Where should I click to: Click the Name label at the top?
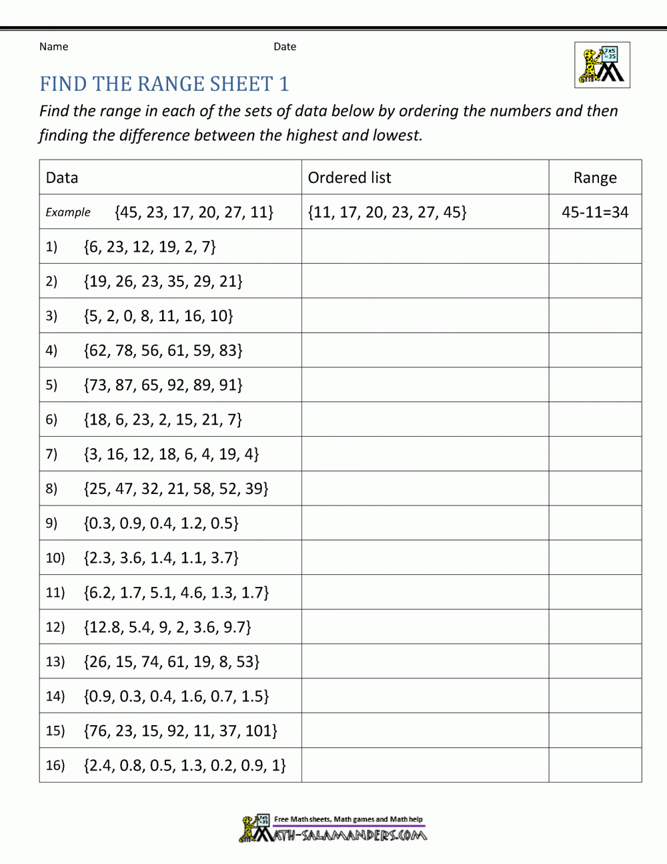[53, 47]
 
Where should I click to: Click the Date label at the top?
[285, 47]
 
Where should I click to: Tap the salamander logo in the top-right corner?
[602, 65]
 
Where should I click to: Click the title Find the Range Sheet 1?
[164, 84]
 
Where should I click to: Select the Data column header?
[62, 178]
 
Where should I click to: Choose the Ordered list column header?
[350, 178]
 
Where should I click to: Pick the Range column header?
[595, 178]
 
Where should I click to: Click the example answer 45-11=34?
[595, 212]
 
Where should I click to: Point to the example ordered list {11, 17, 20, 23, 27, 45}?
[388, 212]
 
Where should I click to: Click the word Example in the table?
[68, 212]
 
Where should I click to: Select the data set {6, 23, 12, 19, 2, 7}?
[150, 247]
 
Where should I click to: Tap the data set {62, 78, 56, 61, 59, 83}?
[163, 351]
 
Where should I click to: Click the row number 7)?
[51, 454]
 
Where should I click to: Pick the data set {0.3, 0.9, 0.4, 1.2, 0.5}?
[161, 523]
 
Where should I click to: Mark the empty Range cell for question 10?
[595, 558]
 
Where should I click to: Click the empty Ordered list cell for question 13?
[425, 661]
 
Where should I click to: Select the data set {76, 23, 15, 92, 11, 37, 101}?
[181, 730]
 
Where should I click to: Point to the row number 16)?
[55, 765]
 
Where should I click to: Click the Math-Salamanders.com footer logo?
[333, 829]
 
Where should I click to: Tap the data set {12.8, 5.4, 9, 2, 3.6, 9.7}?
[168, 627]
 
